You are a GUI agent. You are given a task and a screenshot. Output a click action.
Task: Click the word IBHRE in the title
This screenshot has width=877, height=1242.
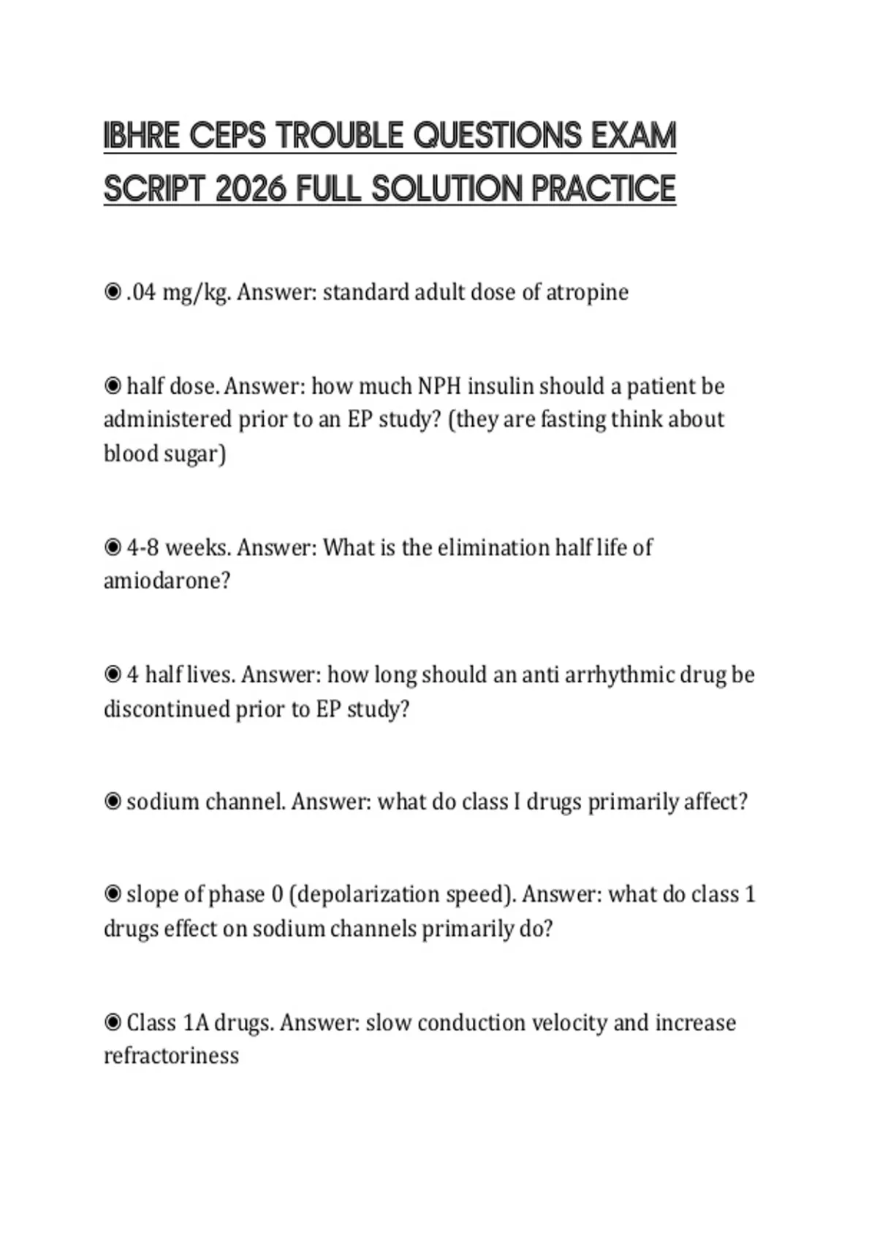[141, 136]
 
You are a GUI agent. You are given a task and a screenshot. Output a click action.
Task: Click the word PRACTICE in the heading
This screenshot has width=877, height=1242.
[603, 189]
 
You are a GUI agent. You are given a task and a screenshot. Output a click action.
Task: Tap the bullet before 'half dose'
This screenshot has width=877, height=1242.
[113, 385]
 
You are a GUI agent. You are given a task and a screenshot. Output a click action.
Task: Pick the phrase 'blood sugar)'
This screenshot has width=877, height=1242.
[164, 454]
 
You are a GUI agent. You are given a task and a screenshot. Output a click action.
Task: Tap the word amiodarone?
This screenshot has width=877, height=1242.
[167, 582]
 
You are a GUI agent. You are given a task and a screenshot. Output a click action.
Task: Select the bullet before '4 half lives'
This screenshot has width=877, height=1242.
[113, 674]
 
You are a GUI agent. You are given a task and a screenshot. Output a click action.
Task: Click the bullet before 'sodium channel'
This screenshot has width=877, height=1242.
[113, 801]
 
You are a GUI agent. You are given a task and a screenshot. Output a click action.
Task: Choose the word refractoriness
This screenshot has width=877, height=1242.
[171, 1056]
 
